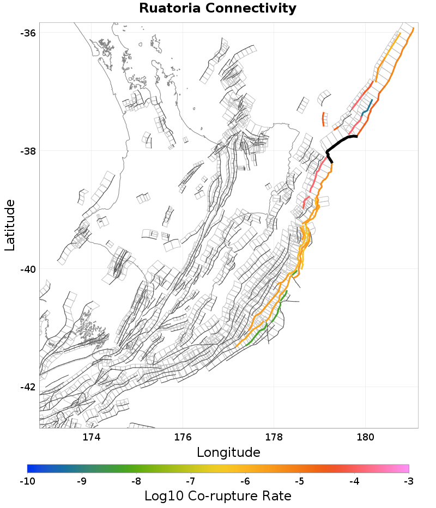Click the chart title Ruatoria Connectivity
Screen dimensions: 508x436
217,9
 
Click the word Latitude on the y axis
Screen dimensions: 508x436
10,225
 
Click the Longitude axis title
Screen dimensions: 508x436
228,452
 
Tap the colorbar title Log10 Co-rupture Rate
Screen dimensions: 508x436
217,496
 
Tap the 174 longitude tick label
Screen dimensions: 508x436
91,437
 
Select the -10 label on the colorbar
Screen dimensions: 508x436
27,481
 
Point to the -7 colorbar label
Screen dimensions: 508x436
191,481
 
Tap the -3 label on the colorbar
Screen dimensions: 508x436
409,481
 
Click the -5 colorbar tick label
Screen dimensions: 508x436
300,481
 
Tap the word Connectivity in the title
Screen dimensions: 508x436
254,9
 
